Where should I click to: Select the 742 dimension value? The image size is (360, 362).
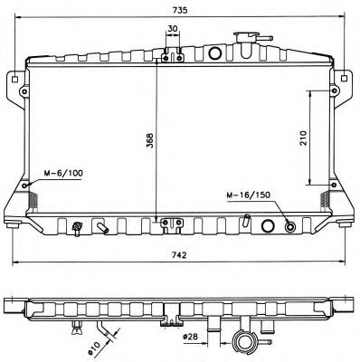tap(181, 256)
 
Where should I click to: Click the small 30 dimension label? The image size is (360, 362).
tap(172, 29)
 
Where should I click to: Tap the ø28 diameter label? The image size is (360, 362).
tap(191, 338)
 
